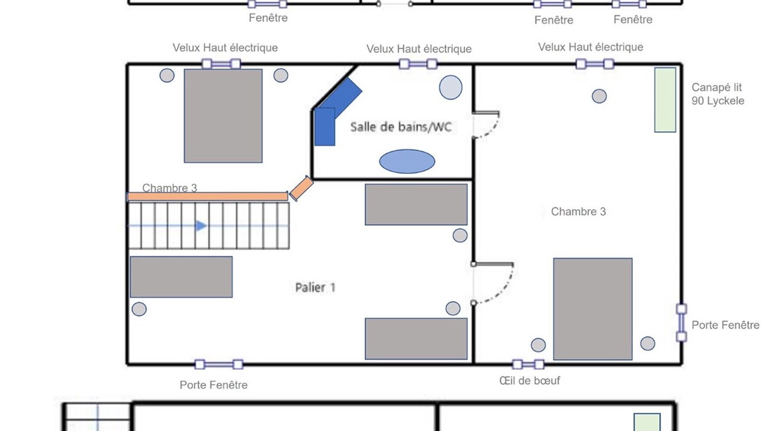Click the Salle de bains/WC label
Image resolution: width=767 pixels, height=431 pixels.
401,127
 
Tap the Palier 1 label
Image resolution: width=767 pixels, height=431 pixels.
315,287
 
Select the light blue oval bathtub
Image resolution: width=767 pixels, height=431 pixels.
407,161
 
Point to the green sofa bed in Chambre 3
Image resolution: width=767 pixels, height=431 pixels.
665,99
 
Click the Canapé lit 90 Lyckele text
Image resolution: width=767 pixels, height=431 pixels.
718,94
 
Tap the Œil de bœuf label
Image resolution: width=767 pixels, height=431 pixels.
529,381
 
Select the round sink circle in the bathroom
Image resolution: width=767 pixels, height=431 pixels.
451,87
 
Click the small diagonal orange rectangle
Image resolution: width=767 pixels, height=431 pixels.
301,188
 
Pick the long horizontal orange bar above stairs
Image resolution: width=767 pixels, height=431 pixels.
207,196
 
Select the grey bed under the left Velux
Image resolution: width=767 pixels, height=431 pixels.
224,116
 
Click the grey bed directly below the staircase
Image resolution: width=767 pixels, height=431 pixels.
181,277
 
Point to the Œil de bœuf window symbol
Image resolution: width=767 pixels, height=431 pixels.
529,365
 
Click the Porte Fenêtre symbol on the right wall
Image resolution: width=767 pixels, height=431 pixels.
681,323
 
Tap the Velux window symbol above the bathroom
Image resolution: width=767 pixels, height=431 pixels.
418,64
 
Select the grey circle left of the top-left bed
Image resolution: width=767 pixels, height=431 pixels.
167,75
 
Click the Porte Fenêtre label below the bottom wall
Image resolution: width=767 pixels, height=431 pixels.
214,385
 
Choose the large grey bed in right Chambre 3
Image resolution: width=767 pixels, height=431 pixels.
593,309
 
